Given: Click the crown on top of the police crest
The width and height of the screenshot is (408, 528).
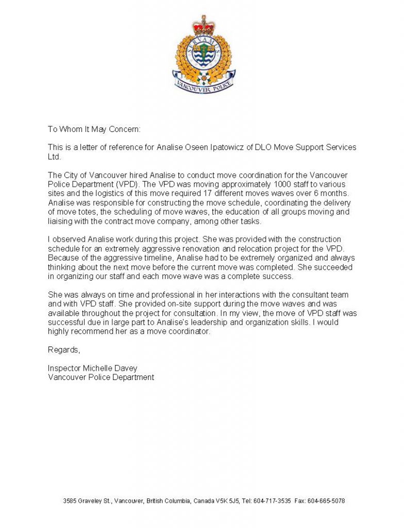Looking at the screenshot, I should coord(203,24).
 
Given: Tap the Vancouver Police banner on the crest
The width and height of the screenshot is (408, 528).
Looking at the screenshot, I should coord(204,85).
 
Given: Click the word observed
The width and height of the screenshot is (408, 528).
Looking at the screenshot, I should coord(70,239).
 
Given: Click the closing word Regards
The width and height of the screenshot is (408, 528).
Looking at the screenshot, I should coord(64,350).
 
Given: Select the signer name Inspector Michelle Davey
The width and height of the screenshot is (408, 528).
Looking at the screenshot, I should coord(93,368).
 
